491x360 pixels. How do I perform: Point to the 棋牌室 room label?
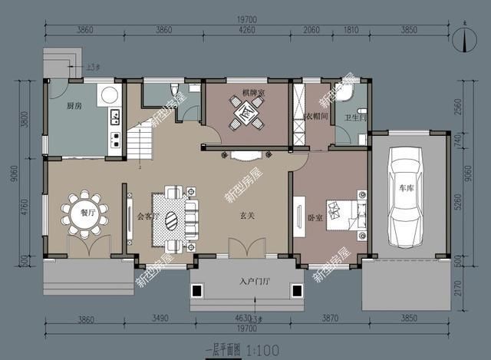(253, 93)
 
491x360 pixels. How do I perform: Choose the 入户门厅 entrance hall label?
(254, 281)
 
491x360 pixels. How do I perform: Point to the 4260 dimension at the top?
(246, 29)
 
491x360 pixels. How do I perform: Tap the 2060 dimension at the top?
(311, 29)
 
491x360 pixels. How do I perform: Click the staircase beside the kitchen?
(141, 143)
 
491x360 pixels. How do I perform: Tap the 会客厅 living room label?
(147, 216)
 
